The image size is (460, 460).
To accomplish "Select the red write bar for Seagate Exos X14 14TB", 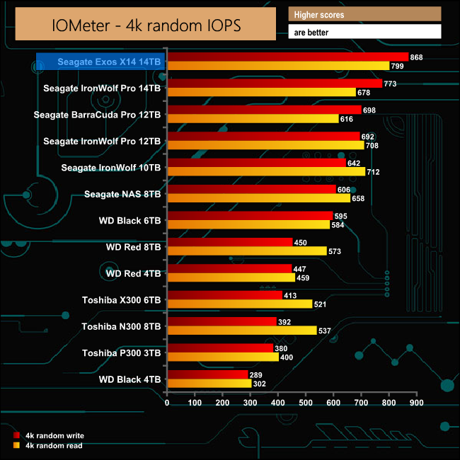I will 287,57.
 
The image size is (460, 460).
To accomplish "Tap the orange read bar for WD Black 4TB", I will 209,384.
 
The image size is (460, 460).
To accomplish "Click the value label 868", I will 417,57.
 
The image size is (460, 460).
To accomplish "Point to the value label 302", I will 260,384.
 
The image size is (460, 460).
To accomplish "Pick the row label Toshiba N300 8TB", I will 121,326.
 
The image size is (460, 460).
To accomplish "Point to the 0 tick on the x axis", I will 167,403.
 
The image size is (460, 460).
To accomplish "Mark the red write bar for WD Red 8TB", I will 229,242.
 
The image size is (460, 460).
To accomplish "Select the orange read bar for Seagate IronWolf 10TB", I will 265,171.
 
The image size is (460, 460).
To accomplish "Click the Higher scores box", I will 364,14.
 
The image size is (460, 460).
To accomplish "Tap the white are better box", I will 364,32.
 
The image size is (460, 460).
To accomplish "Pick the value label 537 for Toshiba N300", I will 326,330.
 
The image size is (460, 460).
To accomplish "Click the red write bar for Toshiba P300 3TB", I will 219,348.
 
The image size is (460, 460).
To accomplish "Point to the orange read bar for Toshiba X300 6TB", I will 239,304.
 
